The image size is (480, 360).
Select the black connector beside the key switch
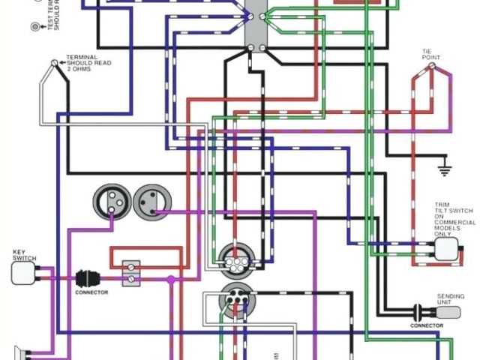[x=84, y=278]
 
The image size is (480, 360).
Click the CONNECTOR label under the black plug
[x=91, y=292]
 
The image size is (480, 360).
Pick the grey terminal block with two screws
[x=131, y=272]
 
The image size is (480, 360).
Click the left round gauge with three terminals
[x=112, y=201]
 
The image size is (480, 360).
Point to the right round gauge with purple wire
[x=152, y=201]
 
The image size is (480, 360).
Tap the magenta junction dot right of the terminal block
[x=171, y=280]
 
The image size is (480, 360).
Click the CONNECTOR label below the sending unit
[x=426, y=325]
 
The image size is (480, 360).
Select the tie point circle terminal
[x=431, y=66]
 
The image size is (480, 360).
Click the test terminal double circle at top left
[x=34, y=27]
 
